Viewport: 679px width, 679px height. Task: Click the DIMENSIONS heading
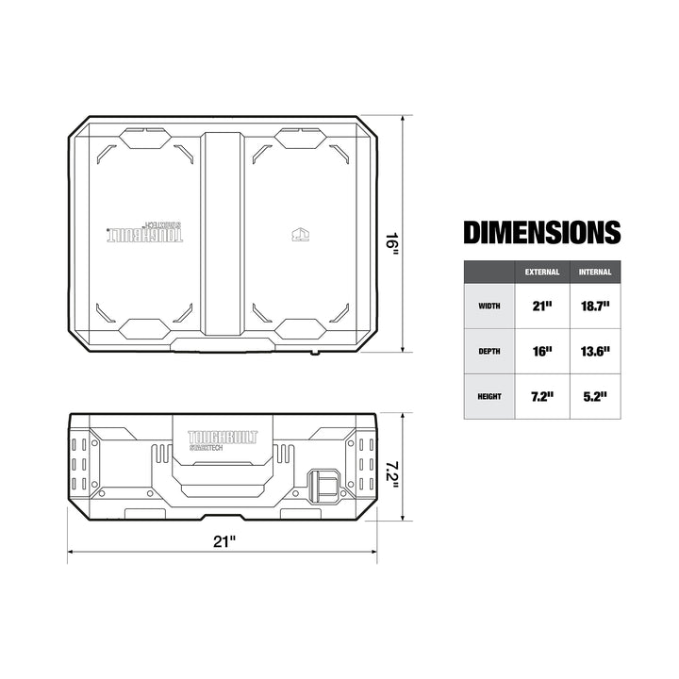[542, 232]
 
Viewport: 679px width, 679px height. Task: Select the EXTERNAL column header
[542, 272]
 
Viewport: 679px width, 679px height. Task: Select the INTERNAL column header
[596, 272]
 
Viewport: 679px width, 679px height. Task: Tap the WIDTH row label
[489, 306]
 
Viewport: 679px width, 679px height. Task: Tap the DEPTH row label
[489, 351]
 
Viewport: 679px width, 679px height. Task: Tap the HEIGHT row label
[489, 397]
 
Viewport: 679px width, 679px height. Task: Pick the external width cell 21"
[542, 306]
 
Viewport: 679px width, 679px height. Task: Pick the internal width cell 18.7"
[596, 306]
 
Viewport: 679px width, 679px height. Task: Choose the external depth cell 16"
[542, 351]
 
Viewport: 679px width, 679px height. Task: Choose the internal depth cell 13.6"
[596, 351]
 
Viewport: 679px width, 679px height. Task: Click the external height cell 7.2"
[542, 397]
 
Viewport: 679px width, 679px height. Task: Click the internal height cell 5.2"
[596, 397]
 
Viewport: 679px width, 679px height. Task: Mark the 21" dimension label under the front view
[224, 541]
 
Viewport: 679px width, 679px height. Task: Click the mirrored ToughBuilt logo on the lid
[141, 234]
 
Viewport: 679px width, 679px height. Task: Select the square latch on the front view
[323, 487]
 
